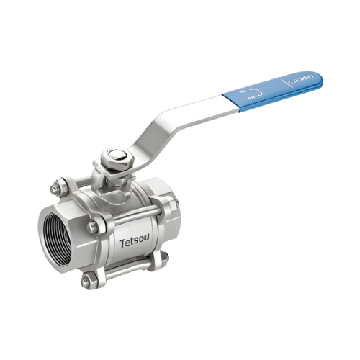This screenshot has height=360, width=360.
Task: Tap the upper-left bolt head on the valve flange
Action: coord(56,189)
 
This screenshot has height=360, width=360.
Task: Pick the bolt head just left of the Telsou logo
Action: coord(93,228)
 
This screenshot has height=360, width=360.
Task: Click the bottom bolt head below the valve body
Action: coord(87,281)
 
